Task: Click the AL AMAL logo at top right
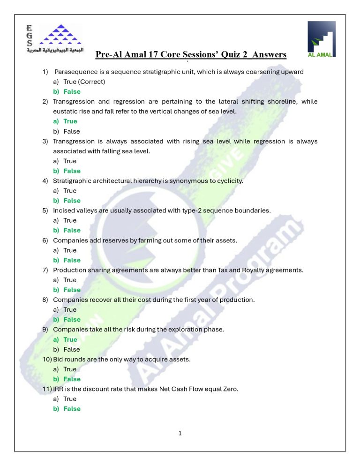(321, 39)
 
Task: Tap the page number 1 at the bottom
(180, 433)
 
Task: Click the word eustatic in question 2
(66, 111)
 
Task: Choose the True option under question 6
(70, 250)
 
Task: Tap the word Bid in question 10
(59, 359)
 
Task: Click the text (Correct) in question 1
(92, 82)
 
